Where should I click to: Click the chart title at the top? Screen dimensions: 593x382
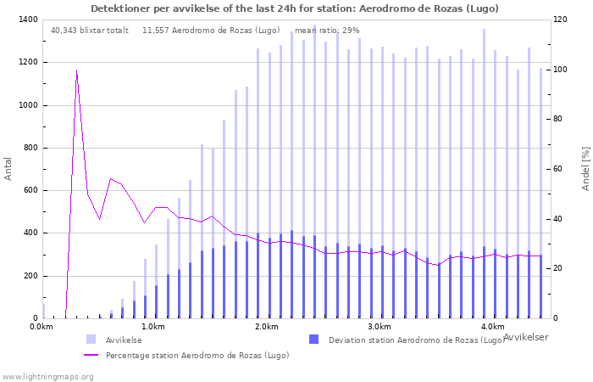coord(295,8)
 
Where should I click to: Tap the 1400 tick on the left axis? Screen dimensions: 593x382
coord(28,20)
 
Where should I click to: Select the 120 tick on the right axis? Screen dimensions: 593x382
coord(561,20)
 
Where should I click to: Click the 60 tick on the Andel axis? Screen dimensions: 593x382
coord(558,169)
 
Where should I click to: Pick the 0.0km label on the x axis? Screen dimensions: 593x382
coord(42,327)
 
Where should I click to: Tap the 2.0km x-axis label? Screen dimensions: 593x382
coord(267,327)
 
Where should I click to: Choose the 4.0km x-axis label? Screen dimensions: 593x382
coord(493,327)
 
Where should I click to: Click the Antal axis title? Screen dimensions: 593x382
coord(8,169)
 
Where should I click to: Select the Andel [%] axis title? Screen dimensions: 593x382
coord(586,169)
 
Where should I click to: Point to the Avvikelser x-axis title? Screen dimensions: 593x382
coord(526,337)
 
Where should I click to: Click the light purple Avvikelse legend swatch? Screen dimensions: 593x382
coord(91,340)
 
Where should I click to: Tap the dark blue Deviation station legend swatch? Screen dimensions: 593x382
coord(313,340)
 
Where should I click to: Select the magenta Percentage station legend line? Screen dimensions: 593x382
coord(91,355)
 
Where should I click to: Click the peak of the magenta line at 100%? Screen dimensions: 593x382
coord(76,70)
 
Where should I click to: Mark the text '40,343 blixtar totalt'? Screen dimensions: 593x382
coord(90,31)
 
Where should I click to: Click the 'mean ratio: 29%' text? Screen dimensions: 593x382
coord(327,31)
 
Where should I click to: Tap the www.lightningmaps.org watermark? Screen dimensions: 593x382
coord(47,377)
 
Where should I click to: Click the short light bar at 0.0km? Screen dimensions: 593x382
coord(44,312)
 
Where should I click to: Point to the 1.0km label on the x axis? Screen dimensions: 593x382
coord(154,327)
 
